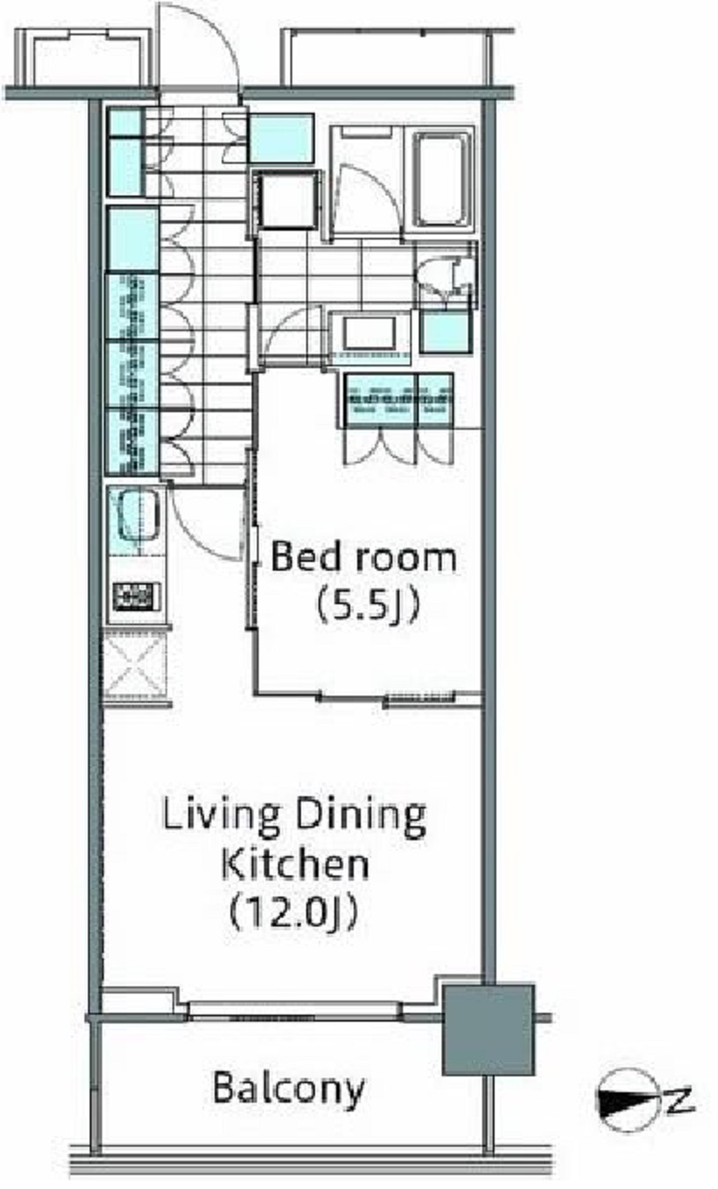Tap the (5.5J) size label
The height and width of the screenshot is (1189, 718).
click(x=369, y=604)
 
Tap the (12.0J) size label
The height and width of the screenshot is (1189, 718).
click(x=293, y=912)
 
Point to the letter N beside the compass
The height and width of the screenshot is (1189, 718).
click(x=679, y=1101)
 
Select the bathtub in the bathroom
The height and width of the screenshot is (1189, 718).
click(x=443, y=179)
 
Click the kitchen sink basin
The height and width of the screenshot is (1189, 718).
click(x=138, y=515)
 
